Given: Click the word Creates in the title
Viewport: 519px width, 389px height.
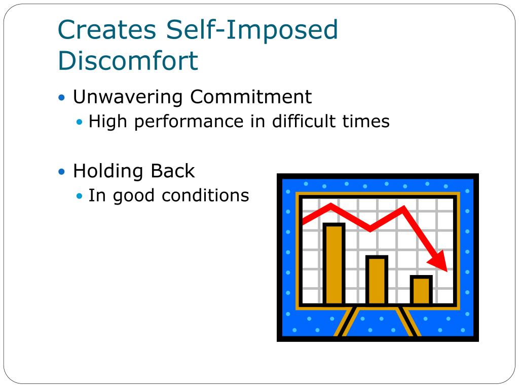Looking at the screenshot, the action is click(107, 30).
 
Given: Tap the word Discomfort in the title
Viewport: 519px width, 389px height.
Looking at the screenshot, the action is click(128, 61).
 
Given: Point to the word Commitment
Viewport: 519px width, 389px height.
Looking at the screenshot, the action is click(251, 97).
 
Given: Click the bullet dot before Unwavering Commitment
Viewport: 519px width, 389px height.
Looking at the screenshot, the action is click(61, 98).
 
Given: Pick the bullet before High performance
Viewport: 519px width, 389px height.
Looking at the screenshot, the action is click(79, 122).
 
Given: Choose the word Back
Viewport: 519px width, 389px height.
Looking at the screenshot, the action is click(173, 171).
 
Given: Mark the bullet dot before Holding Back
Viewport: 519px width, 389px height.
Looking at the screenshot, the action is click(61, 172).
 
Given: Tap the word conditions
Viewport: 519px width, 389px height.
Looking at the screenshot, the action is click(205, 196).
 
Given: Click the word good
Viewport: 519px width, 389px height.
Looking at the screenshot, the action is click(134, 196).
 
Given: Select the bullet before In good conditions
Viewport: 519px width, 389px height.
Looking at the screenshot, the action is click(79, 196).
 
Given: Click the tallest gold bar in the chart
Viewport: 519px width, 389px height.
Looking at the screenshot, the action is click(334, 263).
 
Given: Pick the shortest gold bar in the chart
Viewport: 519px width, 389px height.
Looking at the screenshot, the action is click(421, 290).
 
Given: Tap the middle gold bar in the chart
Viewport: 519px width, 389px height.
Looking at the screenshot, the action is click(377, 280).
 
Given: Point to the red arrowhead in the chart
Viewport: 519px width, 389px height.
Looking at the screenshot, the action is click(439, 261).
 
